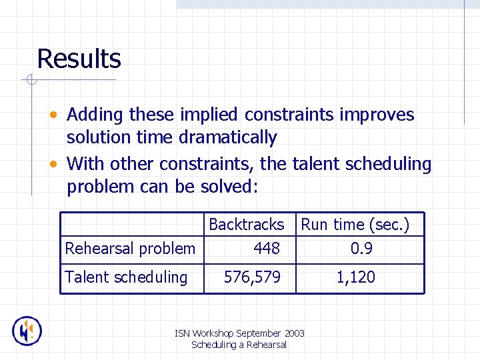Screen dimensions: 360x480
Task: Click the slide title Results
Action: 79,59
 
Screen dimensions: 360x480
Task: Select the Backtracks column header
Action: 246,225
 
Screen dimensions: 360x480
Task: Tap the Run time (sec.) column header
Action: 355,225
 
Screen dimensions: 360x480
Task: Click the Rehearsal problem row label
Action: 130,249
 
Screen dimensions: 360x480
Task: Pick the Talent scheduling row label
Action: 126,277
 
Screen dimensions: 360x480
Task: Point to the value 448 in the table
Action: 267,249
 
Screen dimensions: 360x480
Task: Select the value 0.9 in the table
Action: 361,249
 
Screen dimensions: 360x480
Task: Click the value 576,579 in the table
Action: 252,277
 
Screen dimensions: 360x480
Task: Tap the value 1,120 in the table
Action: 355,277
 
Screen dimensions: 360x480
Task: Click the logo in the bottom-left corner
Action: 27,331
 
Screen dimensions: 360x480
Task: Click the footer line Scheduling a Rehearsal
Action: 239,345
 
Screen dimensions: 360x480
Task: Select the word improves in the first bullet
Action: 377,115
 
